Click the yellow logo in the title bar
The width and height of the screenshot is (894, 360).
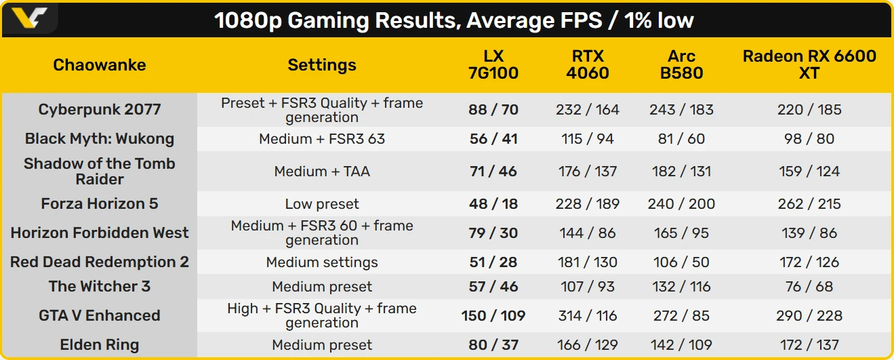point(29,18)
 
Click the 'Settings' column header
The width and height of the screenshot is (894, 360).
point(322,64)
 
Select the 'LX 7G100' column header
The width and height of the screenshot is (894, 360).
point(493,64)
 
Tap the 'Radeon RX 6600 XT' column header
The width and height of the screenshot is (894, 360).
point(809,64)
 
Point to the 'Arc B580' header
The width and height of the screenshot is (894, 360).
point(681,64)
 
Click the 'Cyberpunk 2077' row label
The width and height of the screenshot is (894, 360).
point(100,109)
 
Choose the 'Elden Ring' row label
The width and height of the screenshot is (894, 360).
point(100,345)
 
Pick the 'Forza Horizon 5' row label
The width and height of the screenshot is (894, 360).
point(100,204)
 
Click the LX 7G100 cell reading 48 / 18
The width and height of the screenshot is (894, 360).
point(493,204)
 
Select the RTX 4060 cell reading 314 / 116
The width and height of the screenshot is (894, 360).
point(588,316)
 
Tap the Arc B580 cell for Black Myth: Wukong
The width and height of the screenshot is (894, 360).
point(681,139)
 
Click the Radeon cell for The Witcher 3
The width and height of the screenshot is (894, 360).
point(809,287)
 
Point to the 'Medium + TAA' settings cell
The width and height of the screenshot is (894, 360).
point(322,172)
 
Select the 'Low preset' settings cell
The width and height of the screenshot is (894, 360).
point(322,204)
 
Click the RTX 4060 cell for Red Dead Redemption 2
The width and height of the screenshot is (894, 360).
point(588,262)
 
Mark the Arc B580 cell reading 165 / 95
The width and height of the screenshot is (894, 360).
point(681,233)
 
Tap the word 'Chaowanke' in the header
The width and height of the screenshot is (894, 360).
point(100,64)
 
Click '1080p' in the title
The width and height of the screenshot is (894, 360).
point(248,20)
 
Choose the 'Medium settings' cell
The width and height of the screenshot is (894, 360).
point(322,262)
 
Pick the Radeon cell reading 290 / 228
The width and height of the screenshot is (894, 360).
point(809,316)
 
